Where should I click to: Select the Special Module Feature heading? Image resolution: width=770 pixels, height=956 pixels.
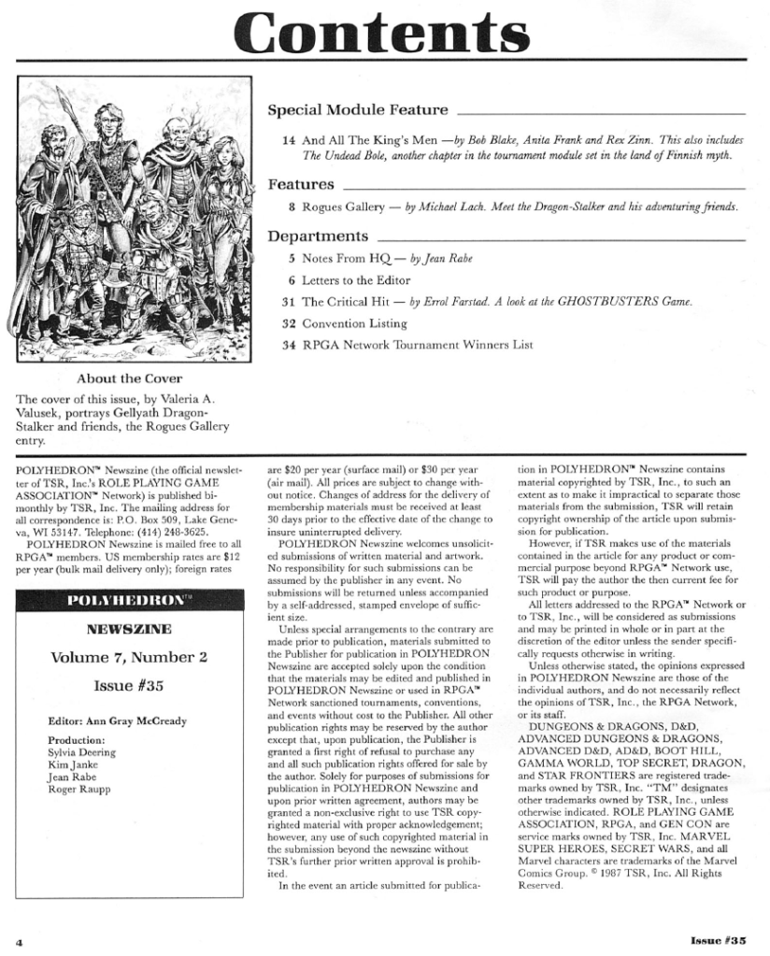358,110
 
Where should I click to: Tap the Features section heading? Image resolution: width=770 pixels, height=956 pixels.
301,183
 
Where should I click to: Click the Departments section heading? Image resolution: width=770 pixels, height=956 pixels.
318,235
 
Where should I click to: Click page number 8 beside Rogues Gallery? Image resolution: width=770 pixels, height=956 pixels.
292,207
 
